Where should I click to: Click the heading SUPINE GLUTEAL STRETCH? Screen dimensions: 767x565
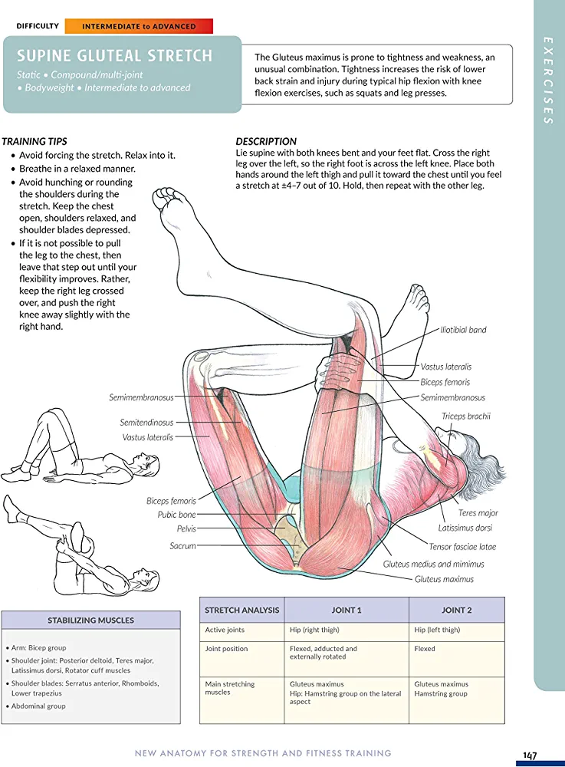115,56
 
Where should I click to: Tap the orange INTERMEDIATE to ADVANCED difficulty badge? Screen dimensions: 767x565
139,26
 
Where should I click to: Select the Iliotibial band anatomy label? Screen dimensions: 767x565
463,330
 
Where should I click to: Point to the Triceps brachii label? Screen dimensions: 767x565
465,416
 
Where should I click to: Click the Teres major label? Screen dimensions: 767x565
478,513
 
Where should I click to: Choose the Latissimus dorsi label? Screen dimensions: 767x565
465,528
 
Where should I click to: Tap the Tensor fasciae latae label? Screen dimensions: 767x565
462,547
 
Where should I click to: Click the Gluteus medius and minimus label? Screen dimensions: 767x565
434,565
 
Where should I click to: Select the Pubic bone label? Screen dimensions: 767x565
177,515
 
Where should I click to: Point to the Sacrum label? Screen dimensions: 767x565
183,546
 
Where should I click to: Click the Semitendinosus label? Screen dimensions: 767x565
146,423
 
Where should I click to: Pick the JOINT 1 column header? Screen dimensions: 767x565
346,611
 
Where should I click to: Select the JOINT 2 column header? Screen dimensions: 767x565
456,611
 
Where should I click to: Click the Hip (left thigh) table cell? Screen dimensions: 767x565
437,630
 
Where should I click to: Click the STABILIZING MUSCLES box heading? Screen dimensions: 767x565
90,620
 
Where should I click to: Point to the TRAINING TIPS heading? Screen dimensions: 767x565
34,142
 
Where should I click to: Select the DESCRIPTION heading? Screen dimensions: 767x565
266,142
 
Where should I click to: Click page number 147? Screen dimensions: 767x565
530,755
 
